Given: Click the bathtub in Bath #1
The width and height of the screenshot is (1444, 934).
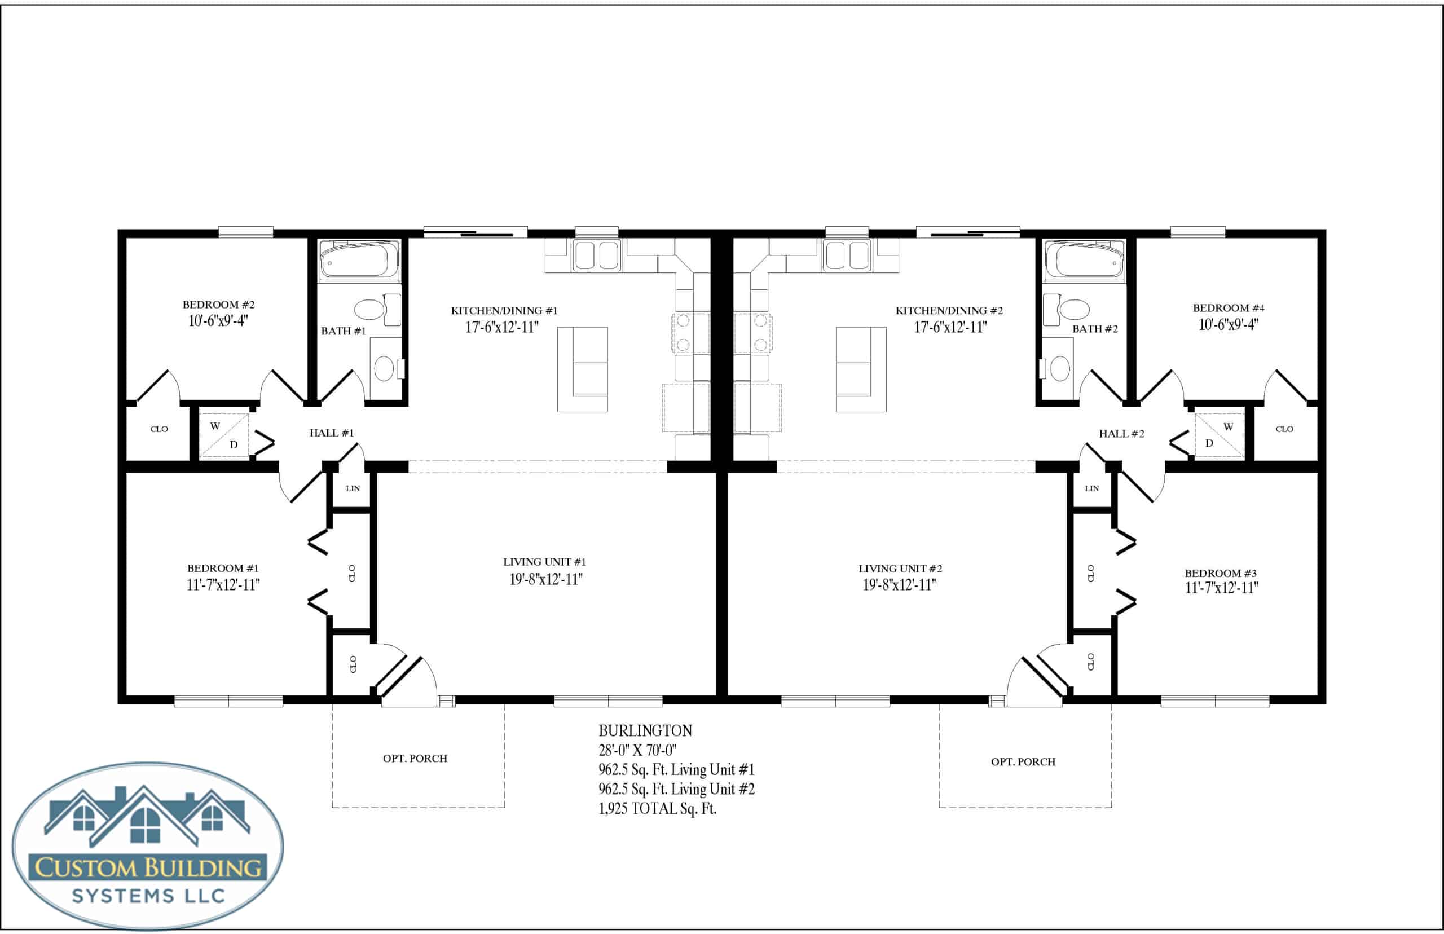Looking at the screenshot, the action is tap(359, 261).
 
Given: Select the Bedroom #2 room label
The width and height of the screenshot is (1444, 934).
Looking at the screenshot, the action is tap(218, 305).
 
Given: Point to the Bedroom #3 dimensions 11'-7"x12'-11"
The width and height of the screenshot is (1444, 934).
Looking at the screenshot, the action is tap(1221, 588).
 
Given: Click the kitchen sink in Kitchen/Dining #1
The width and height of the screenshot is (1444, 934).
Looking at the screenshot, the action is tap(597, 255).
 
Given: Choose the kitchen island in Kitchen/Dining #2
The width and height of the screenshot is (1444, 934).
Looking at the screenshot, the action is tap(861, 369).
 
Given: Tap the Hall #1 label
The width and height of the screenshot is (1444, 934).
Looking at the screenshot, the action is tap(331, 433).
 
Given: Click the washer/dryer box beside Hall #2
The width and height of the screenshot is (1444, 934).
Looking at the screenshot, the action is tap(1219, 435).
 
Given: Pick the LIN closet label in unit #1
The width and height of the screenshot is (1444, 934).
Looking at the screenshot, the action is tap(353, 488).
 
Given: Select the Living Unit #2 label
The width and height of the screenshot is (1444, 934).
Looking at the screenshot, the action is tap(900, 569).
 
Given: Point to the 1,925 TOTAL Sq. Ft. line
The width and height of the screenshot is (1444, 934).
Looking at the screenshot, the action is tap(657, 808).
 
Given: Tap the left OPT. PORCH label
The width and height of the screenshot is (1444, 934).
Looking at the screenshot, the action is tap(415, 758).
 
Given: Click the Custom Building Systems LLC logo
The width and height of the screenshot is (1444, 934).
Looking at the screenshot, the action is tap(148, 846).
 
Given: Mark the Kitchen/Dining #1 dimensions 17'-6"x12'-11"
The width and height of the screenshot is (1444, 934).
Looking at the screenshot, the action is tap(501, 327).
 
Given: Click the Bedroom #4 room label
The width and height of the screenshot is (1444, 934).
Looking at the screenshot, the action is tap(1229, 308).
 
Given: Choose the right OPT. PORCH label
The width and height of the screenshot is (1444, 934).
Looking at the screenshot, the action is tap(1023, 762).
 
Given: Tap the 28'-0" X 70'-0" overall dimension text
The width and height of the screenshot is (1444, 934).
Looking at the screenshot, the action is tap(637, 750).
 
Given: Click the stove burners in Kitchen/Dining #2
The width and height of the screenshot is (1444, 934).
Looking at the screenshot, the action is tap(753, 333).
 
